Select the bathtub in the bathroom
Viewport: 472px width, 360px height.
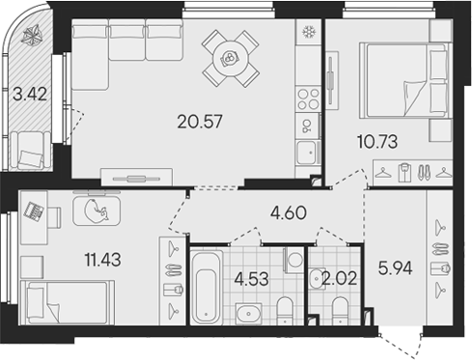pos(207,287)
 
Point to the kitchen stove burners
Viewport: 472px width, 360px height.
pos(308,97)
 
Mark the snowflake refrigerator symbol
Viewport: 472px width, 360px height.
pos(309,32)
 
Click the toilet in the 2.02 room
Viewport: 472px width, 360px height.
pos(339,308)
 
